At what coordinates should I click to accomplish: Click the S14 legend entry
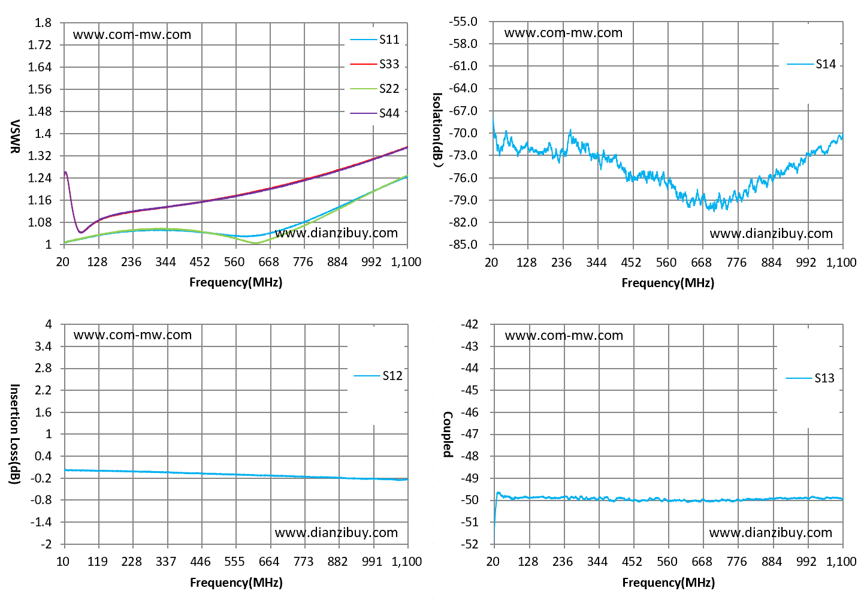coord(811,64)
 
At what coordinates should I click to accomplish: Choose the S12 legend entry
coord(379,376)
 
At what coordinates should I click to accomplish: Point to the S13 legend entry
coord(811,378)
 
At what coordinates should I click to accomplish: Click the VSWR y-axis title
coord(14,136)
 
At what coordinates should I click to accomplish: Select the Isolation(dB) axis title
coord(438,130)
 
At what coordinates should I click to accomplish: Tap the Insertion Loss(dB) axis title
coord(14,434)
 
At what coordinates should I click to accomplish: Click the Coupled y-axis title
coord(448,435)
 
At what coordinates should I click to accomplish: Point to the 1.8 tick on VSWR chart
coord(43,23)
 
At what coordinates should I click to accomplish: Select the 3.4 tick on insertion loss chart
coord(43,346)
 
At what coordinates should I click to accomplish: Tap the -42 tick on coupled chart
coord(469,324)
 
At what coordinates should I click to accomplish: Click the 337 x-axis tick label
coord(166,562)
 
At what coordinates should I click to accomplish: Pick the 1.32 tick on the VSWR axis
coord(40,156)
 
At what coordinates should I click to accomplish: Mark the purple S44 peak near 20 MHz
coord(65,172)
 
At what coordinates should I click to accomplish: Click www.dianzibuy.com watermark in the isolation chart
coord(771,234)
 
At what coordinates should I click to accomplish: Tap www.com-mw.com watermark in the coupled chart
coord(564,336)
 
